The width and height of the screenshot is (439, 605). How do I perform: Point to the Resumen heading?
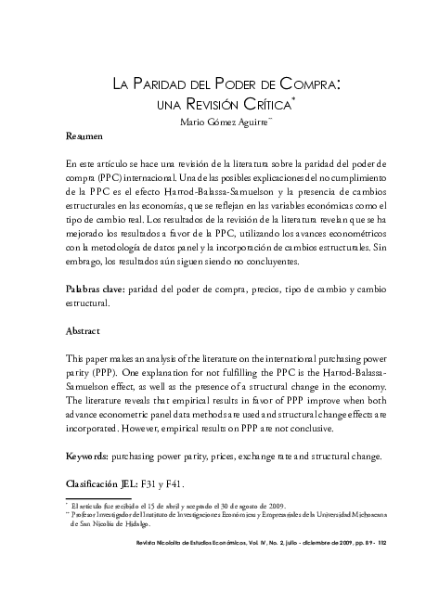click(84, 136)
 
